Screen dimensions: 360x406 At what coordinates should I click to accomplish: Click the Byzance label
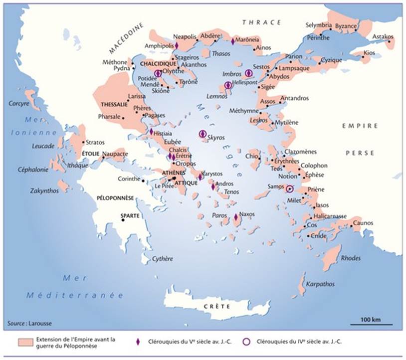tap(346, 26)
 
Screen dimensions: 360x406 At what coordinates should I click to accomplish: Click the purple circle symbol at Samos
tap(289, 189)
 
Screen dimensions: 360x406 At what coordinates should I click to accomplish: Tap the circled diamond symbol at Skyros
tap(203, 134)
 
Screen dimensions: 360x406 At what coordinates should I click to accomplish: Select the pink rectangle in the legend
tap(24, 343)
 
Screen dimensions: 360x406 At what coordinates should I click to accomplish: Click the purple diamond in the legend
tap(138, 342)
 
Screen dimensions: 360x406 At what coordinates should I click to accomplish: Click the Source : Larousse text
tap(29, 324)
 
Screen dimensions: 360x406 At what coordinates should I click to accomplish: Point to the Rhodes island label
tap(350, 258)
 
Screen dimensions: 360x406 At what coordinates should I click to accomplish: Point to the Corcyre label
tap(19, 104)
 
